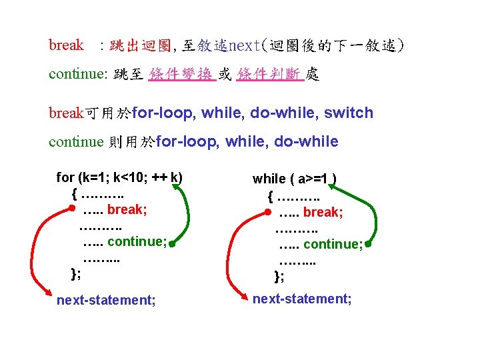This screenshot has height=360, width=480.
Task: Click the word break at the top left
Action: tap(67, 45)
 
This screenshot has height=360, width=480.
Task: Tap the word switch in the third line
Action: tap(349, 113)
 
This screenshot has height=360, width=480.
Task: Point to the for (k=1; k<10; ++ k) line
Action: tap(119, 177)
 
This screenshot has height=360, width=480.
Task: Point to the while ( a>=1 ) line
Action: tap(294, 178)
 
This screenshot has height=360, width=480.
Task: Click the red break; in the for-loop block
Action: tap(127, 209)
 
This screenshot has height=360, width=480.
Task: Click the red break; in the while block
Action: tap(323, 212)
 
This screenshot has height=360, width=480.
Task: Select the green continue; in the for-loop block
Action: tap(137, 241)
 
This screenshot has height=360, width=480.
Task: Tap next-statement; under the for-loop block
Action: tap(107, 300)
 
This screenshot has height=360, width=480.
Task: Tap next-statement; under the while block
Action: tap(302, 299)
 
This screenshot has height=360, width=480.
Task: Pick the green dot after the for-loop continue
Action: tap(171, 244)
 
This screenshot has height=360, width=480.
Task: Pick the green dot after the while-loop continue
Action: tap(367, 244)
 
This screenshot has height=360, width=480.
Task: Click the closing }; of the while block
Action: tap(279, 276)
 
